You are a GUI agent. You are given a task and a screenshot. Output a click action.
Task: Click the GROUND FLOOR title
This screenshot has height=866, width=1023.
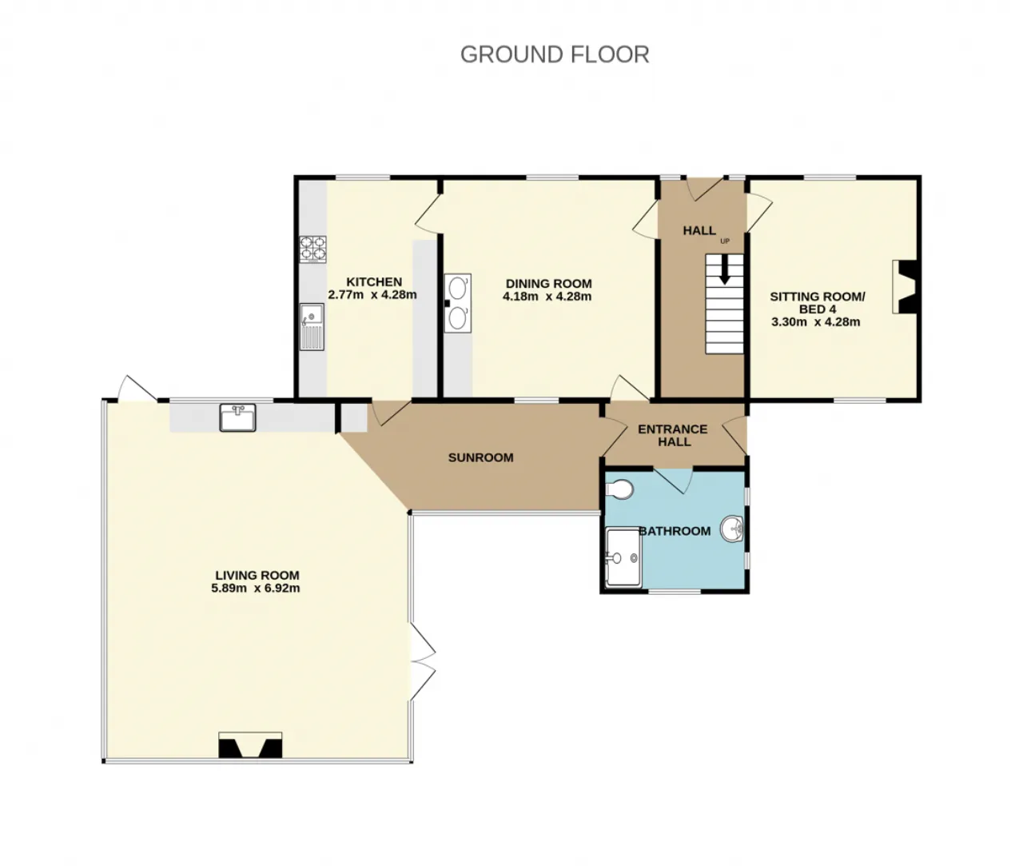(555, 54)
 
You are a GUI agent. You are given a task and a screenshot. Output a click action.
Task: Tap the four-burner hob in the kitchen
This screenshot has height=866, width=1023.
(312, 249)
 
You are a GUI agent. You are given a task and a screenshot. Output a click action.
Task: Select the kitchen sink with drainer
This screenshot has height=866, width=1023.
(312, 327)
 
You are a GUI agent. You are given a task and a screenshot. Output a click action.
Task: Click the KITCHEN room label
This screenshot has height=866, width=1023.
(374, 281)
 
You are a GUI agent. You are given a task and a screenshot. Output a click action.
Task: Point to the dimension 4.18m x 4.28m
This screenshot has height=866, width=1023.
(547, 297)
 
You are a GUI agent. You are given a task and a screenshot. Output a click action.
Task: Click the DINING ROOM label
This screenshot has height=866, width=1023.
(548, 284)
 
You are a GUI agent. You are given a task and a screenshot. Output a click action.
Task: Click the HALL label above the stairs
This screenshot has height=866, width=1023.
(699, 230)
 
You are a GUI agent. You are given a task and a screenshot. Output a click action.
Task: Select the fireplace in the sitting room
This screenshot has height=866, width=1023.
(904, 287)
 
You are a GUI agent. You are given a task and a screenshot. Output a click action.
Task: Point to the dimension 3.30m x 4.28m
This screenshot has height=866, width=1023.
(816, 321)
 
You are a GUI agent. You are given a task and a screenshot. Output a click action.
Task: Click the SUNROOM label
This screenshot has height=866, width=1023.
(480, 457)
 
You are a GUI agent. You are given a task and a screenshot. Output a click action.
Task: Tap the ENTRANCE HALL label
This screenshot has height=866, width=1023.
(673, 435)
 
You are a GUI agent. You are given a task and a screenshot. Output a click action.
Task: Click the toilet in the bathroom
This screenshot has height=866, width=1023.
(619, 489)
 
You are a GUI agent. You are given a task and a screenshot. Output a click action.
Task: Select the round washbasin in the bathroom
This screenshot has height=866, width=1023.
(732, 529)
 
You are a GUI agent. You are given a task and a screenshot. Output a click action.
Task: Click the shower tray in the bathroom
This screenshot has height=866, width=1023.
(623, 557)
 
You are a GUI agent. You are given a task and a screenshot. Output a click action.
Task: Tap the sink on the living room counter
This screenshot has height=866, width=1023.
(237, 417)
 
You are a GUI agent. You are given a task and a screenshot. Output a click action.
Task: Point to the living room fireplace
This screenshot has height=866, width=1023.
(250, 744)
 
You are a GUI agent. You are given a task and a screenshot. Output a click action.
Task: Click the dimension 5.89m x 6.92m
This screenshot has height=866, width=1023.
(256, 589)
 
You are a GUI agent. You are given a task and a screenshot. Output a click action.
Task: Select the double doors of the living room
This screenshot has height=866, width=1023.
(423, 663)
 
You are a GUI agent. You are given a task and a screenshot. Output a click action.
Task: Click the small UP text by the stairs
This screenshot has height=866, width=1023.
(725, 241)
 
